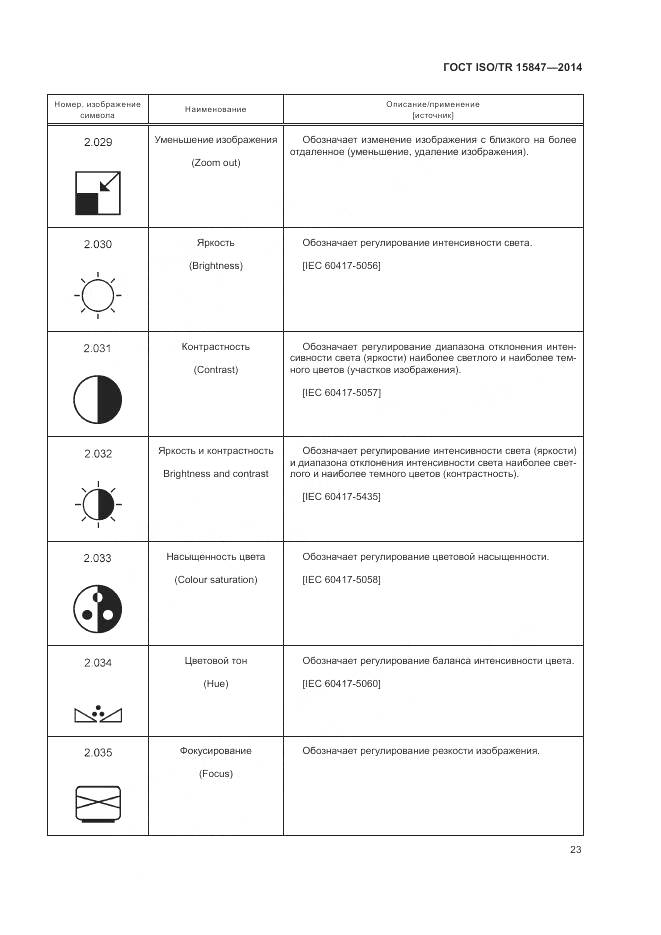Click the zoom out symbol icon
click(98, 192)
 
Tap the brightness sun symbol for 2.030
click(98, 295)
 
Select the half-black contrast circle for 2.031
click(98, 399)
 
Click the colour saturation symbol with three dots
click(98, 606)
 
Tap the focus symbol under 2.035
click(98, 804)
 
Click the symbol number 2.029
click(98, 142)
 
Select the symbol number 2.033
click(98, 557)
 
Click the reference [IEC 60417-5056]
click(341, 266)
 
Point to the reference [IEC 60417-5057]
click(341, 393)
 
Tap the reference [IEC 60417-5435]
click(341, 497)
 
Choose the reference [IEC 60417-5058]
click(341, 580)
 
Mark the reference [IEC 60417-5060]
click(341, 684)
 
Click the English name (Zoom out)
click(216, 163)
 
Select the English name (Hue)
click(216, 684)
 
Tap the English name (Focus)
click(216, 774)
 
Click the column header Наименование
click(216, 109)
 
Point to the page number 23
click(576, 850)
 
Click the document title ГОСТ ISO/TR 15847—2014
click(512, 68)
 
